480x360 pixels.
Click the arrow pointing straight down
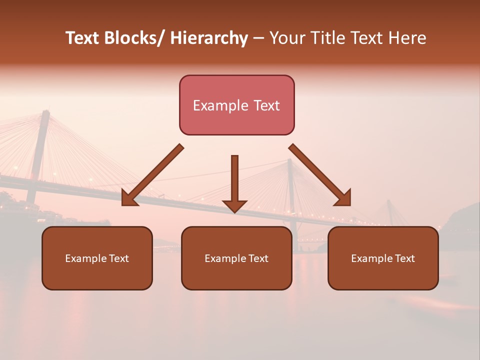point(234,180)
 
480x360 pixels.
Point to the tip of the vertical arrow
point(234,212)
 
